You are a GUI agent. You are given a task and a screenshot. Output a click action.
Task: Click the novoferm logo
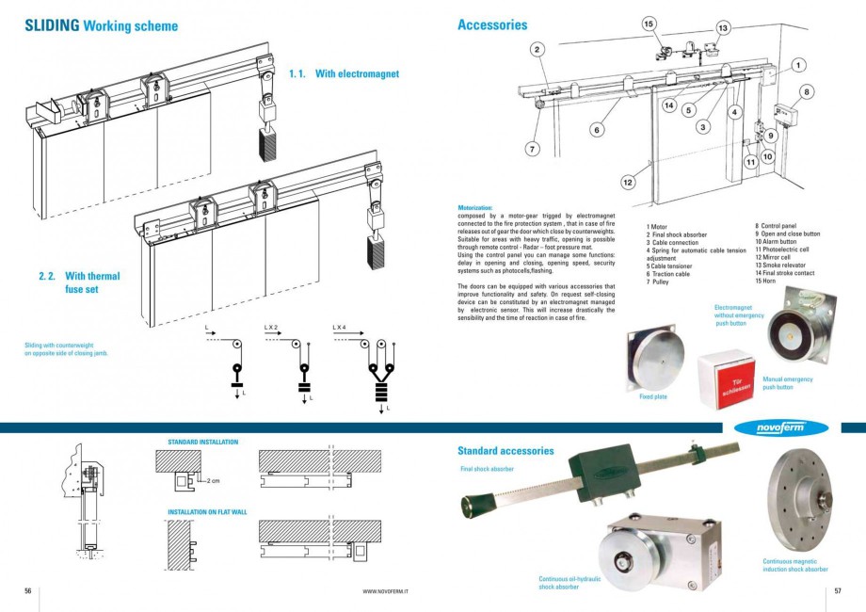[x=792, y=427]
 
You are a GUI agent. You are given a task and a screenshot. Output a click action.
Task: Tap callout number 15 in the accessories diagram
[x=649, y=23]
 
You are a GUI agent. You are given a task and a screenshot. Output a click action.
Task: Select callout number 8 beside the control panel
[x=807, y=92]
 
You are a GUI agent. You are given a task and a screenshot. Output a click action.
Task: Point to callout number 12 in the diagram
[x=628, y=182]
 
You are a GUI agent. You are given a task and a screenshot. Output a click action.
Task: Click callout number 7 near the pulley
[x=533, y=148]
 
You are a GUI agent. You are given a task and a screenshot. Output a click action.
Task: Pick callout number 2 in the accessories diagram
[x=536, y=49]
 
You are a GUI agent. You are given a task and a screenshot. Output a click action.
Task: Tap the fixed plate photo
[x=652, y=360]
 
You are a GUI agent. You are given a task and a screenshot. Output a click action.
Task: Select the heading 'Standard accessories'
[x=505, y=451]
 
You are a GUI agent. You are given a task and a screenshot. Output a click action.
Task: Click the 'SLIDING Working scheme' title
[x=101, y=26]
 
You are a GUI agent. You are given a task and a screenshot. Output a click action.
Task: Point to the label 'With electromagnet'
[x=357, y=72]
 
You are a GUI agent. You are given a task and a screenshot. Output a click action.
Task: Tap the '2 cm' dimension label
[x=213, y=480]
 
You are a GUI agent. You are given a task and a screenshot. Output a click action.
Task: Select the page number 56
[x=28, y=590]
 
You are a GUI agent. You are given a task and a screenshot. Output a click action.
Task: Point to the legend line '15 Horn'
[x=769, y=282]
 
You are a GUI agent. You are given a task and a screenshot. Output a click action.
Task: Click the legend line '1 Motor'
[x=657, y=227]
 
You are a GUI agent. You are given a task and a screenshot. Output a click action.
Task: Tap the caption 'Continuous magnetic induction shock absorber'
[x=795, y=565]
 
